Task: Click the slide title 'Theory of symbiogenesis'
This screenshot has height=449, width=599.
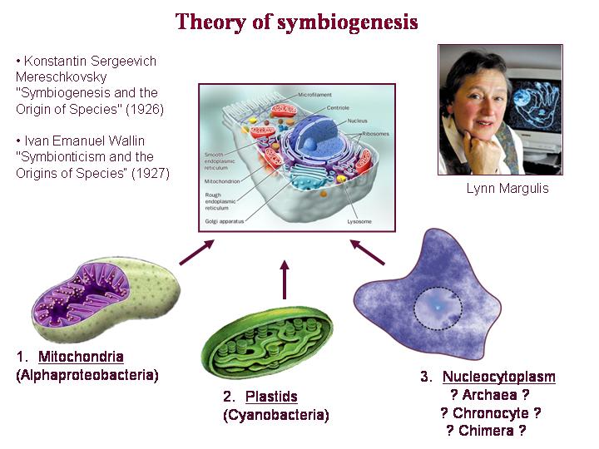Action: click(x=296, y=22)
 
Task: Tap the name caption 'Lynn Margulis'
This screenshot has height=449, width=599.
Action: click(x=507, y=189)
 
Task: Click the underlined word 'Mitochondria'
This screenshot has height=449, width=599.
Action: click(x=81, y=358)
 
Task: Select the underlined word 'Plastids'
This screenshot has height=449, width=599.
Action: click(x=271, y=397)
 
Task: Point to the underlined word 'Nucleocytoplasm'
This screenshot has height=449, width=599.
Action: click(x=498, y=377)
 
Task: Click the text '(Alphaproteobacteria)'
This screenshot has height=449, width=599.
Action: click(x=87, y=375)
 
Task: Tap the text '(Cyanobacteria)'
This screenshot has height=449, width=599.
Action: click(x=275, y=415)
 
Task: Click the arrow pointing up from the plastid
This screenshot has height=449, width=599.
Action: click(x=285, y=280)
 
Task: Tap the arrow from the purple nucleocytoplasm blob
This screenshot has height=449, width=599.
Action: click(x=365, y=251)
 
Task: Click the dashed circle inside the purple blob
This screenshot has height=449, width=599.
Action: click(x=438, y=310)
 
